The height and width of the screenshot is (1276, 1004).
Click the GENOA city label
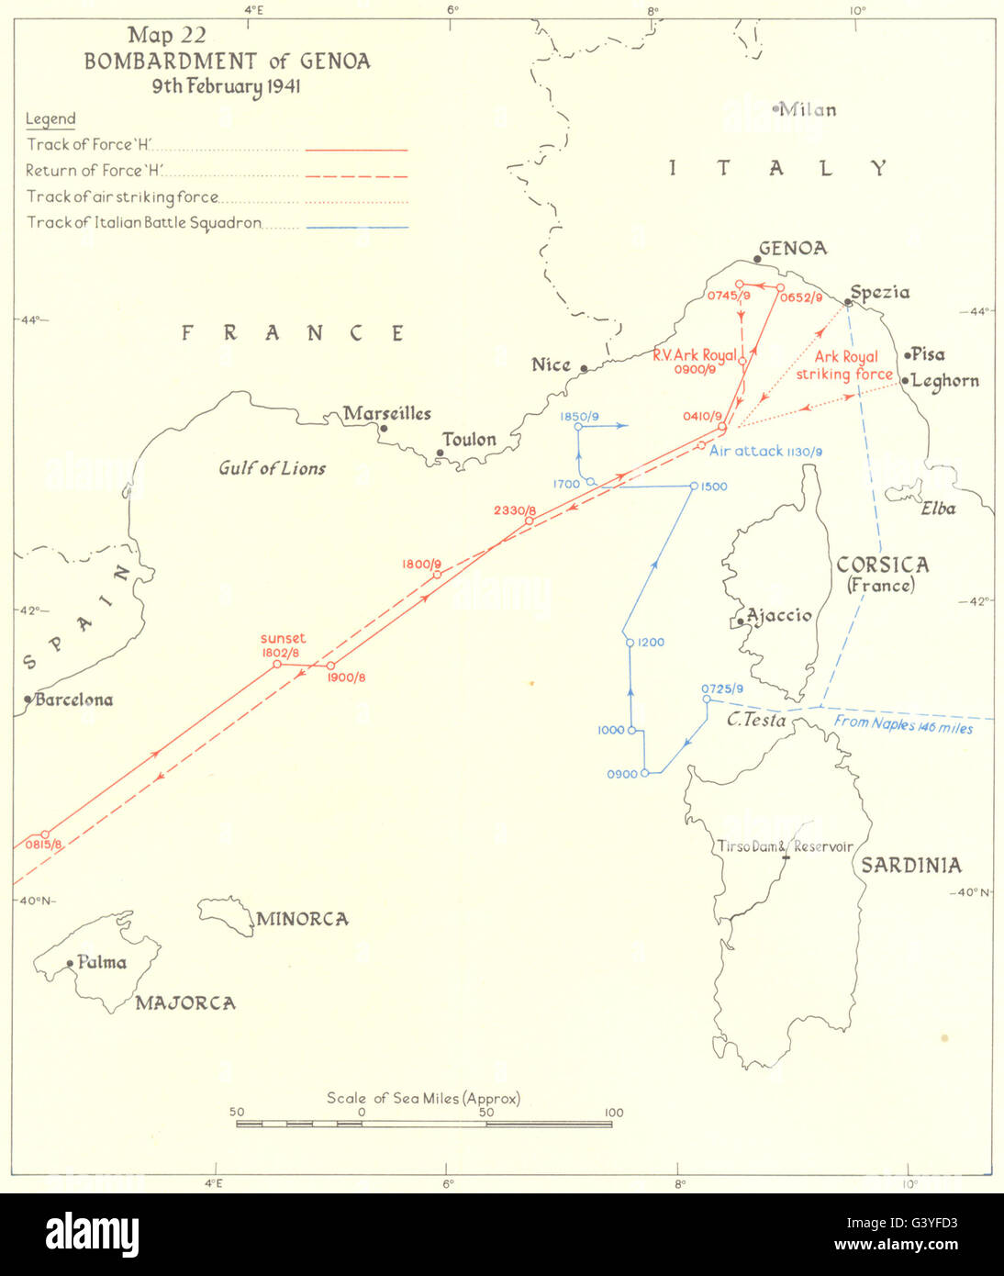793,248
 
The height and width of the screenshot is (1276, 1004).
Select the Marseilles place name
387,413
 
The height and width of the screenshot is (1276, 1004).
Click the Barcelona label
73,700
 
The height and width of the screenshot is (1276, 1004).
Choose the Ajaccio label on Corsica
779,615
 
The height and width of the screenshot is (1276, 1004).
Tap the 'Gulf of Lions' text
272,468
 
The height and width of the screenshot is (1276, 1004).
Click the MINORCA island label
302,919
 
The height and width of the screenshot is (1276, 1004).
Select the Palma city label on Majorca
102,962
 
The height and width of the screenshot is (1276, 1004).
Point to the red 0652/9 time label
800,298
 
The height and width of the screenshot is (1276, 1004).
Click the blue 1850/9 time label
578,417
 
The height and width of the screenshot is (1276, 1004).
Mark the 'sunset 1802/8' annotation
283,645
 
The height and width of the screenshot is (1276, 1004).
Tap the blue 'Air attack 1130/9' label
765,451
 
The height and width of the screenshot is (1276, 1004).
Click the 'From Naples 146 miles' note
903,724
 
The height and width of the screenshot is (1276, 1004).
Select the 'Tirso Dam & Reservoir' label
785,846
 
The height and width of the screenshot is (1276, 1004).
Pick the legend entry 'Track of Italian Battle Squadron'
144,222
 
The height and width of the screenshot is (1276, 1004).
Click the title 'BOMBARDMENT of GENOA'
228,62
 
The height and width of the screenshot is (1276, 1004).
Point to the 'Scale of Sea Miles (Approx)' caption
423,1098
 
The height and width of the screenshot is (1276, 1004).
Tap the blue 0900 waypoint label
621,775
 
